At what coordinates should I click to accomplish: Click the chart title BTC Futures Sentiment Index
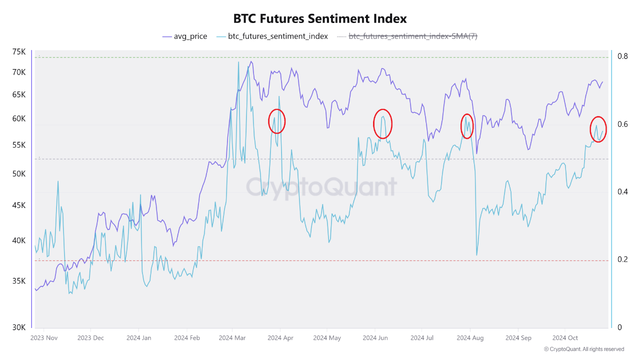click(x=320, y=19)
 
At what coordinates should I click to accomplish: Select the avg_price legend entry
click(x=185, y=36)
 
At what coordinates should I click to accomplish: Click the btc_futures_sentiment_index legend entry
click(x=273, y=36)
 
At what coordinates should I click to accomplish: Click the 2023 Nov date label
click(x=44, y=338)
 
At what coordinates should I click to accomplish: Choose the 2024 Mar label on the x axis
click(x=232, y=338)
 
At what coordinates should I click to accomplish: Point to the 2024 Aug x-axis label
click(x=470, y=338)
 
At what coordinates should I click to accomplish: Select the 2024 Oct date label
click(x=565, y=338)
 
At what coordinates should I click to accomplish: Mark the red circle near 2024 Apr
click(x=277, y=120)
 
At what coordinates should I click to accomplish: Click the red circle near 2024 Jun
click(x=382, y=123)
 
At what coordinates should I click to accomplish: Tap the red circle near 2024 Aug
click(x=466, y=126)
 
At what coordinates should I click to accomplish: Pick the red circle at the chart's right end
click(x=598, y=129)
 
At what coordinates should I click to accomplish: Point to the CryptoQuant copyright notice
click(x=583, y=349)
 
